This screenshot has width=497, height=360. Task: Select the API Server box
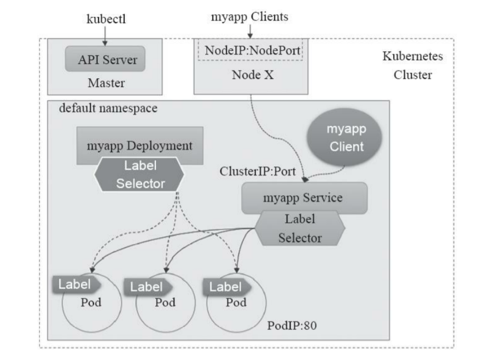pos(105,60)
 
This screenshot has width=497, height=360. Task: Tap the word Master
pos(105,83)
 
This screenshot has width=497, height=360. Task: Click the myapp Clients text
pos(249,17)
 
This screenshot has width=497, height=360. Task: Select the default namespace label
pos(108,108)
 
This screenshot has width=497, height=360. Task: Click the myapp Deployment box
pos(141,146)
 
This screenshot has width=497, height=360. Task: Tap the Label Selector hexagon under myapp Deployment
pos(141,175)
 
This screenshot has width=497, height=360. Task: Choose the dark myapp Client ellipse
pos(346,138)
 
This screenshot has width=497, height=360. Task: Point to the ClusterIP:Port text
pos(258,171)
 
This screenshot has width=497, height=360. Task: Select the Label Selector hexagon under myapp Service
pos(300,229)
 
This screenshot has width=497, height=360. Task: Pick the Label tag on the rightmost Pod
pos(226,286)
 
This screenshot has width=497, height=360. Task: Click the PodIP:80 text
pos(292,326)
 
